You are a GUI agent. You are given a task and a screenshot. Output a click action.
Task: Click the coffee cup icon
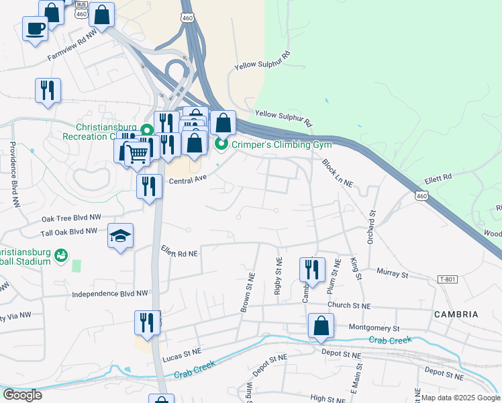tap(35, 28)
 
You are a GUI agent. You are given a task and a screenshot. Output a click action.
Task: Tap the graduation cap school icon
tap(121, 236)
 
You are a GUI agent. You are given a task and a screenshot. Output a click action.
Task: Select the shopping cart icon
tap(138, 154)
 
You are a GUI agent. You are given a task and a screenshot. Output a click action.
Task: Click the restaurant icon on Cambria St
tap(312, 269)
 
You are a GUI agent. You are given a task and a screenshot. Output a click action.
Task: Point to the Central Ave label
tap(187, 179)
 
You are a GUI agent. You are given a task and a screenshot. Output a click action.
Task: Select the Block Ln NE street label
tap(338, 173)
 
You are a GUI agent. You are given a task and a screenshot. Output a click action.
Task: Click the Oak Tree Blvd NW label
tap(71, 218)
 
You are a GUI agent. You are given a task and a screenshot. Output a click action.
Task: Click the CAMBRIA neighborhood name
tap(456, 314)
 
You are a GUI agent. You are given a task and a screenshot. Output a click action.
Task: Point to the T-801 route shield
tap(448, 279)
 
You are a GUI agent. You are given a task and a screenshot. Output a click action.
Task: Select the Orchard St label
tap(370, 227)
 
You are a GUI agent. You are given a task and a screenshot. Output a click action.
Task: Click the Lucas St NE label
tap(182, 351)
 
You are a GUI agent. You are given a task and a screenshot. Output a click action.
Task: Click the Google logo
tap(22, 394)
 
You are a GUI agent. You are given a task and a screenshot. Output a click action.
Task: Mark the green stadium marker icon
tap(62, 255)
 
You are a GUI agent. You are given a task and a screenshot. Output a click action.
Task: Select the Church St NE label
tap(349, 306)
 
